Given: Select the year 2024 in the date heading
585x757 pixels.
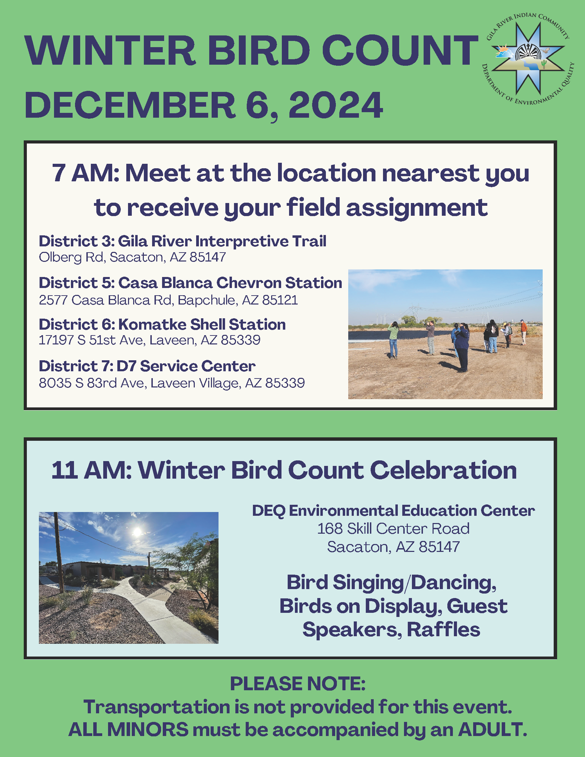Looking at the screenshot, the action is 336,105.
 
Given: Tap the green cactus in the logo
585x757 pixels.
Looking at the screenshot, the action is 544,63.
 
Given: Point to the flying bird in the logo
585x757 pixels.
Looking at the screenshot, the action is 546,51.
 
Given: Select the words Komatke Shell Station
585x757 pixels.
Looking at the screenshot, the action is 202,324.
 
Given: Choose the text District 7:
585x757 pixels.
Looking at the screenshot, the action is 76,366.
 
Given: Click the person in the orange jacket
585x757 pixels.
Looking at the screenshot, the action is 523,332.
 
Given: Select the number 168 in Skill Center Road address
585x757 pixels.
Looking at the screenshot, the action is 330,529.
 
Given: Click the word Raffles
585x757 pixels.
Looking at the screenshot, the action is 443,629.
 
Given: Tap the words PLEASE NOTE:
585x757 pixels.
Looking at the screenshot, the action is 298,683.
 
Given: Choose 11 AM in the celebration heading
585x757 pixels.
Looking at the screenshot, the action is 92,470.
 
